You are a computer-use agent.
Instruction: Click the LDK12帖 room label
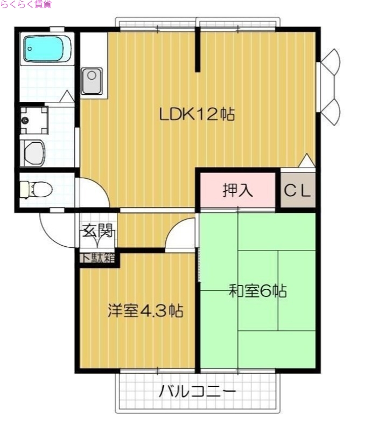tap(197, 114)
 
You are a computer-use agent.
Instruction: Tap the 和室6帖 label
tap(257, 291)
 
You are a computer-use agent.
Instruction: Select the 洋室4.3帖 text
tap(145, 311)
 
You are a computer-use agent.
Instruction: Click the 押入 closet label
tap(238, 191)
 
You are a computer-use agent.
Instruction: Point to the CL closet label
tap(298, 191)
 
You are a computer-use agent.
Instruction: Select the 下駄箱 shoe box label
tap(98, 258)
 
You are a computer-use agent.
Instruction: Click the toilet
tap(36, 190)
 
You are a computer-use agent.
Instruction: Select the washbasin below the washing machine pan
tap(36, 152)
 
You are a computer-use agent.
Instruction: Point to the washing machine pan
tap(33, 120)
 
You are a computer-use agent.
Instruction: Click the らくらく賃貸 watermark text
tap(26, 5)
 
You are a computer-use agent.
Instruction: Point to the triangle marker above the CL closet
tap(306, 161)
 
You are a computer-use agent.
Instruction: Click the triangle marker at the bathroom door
tap(66, 96)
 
